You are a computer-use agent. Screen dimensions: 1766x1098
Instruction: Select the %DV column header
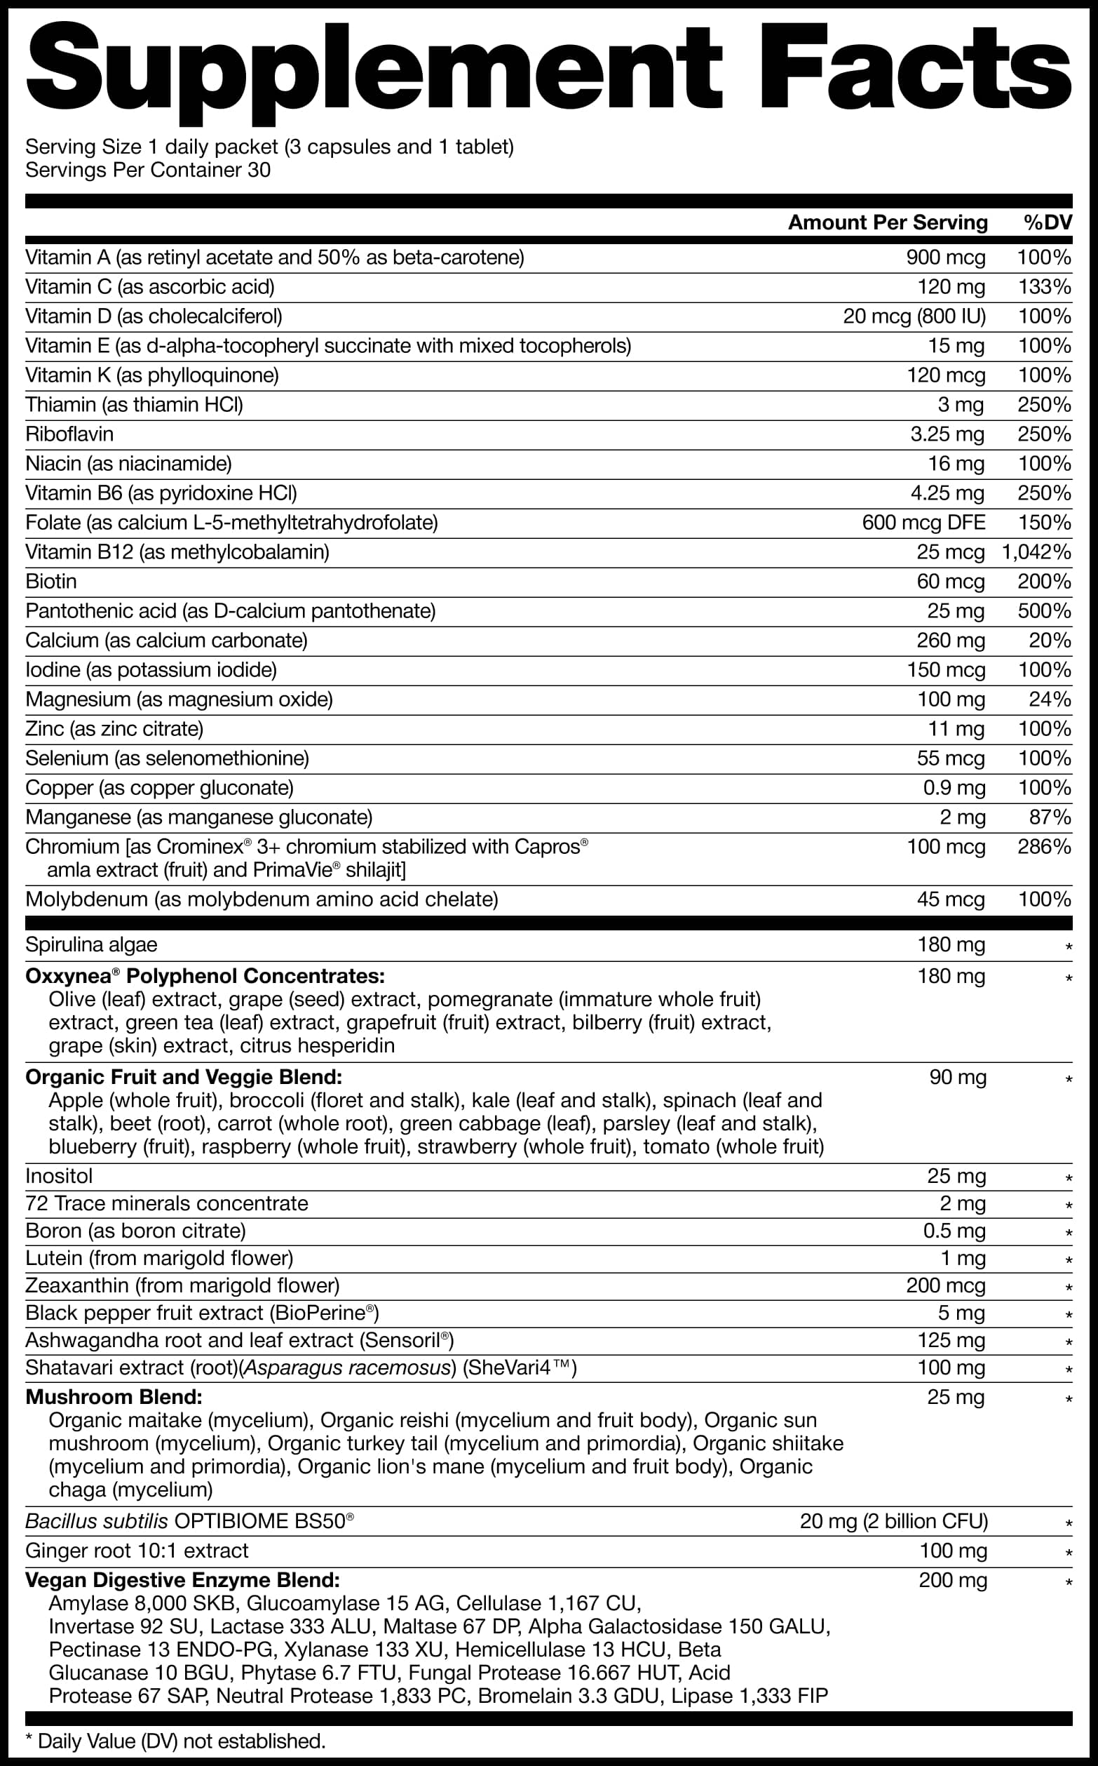coord(1048,222)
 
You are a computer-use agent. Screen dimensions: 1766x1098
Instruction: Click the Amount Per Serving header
coord(888,222)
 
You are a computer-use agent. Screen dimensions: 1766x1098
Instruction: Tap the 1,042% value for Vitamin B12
coord(1036,552)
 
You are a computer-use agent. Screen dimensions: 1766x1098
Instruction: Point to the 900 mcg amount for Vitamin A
coord(945,257)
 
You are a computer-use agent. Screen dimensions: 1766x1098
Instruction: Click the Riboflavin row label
coord(69,434)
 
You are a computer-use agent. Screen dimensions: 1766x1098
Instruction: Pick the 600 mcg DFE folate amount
coord(923,522)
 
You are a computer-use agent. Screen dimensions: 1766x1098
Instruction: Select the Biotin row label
coord(50,581)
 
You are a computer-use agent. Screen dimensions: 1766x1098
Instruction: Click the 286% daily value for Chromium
coord(1043,846)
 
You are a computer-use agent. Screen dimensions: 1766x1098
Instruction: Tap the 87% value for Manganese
coord(1050,817)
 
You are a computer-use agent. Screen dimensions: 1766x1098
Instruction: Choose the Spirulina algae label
coord(91,944)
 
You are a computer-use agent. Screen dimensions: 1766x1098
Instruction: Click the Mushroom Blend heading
coord(114,1397)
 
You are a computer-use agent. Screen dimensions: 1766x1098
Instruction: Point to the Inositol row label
coord(60,1176)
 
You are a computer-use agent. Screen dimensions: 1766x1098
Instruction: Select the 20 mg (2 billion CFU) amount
coord(893,1521)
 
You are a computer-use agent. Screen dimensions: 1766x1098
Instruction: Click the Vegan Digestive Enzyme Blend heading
coord(182,1580)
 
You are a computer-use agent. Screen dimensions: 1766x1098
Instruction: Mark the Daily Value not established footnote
coord(175,1741)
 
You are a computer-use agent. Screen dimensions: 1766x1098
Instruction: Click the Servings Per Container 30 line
coord(148,170)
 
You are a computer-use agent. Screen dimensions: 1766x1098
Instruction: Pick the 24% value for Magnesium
coord(1050,700)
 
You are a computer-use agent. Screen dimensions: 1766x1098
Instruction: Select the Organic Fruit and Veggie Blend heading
coord(184,1076)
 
